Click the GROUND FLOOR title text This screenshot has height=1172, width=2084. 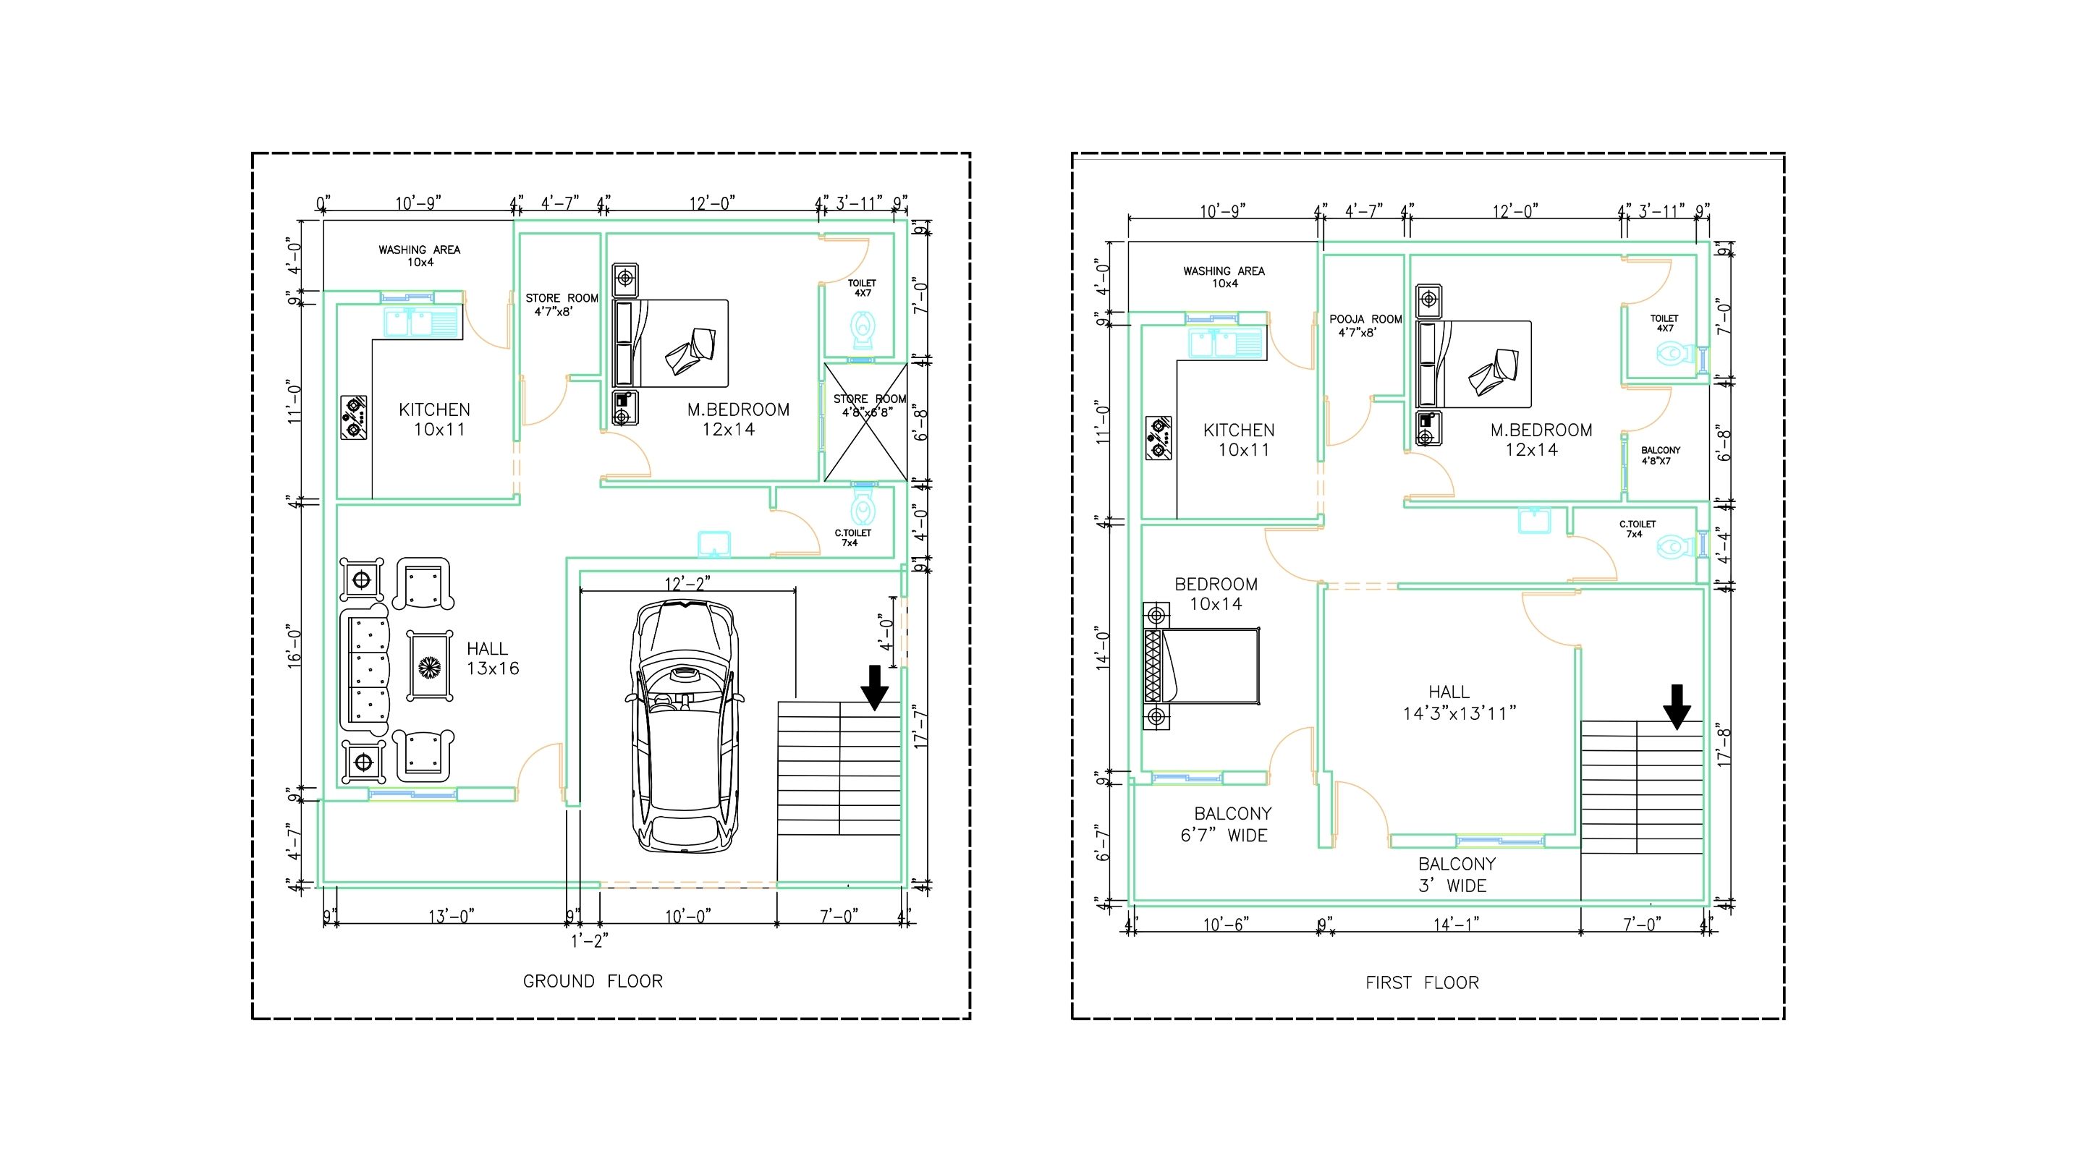point(593,981)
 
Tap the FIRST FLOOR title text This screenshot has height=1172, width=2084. point(1422,982)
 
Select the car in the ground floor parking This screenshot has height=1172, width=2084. point(685,726)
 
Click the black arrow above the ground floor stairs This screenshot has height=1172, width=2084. point(875,687)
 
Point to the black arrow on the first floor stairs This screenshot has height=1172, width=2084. point(1677,707)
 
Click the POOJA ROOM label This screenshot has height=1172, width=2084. point(1365,325)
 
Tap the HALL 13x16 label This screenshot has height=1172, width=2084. point(492,658)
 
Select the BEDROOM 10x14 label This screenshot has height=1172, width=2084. point(1216,594)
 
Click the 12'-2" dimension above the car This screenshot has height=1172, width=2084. point(687,583)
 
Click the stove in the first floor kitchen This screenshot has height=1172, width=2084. point(1159,438)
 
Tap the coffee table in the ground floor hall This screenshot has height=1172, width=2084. point(431,666)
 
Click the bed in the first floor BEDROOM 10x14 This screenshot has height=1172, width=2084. point(1201,666)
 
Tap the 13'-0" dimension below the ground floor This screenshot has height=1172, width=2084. point(452,916)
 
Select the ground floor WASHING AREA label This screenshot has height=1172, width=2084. point(419,255)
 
